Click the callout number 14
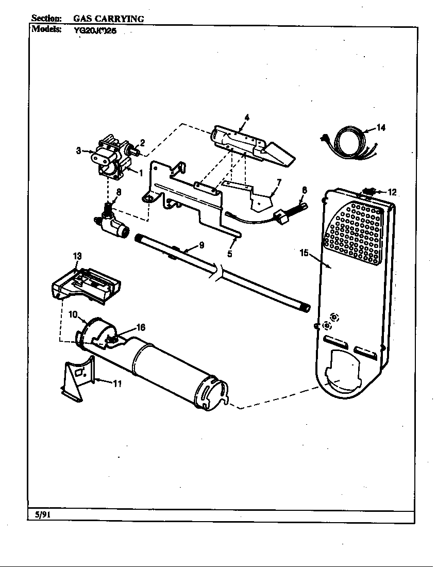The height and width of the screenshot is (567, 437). click(381, 128)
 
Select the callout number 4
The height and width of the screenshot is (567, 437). click(247, 118)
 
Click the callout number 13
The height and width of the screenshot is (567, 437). click(77, 256)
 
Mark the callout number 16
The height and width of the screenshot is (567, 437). click(140, 327)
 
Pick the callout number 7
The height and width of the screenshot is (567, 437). click(279, 182)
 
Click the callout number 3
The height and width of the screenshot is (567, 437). click(79, 151)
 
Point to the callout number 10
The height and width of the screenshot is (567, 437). click(73, 313)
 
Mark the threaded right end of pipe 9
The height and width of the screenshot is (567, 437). click(306, 308)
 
